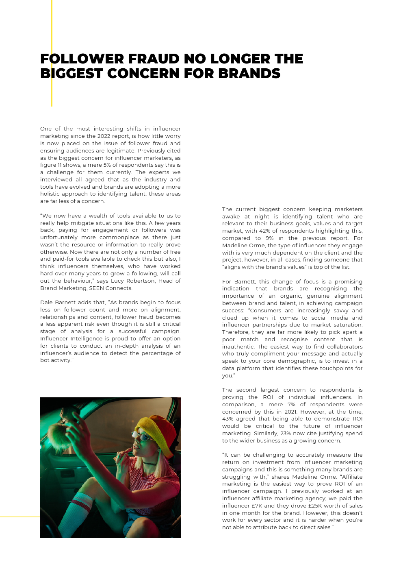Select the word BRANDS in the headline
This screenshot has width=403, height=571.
click(x=249, y=74)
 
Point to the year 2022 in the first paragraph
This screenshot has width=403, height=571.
click(x=104, y=136)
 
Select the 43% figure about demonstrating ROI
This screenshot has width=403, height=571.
click(x=228, y=419)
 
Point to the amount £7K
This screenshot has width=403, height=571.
click(x=257, y=506)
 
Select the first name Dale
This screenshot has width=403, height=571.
click(x=47, y=303)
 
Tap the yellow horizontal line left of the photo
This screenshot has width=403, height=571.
click(x=20, y=517)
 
